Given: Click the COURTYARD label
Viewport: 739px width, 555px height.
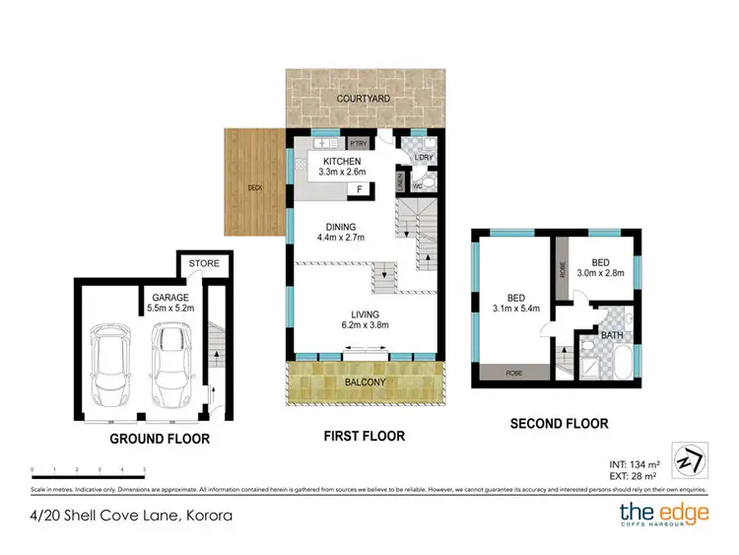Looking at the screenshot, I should click(364, 100).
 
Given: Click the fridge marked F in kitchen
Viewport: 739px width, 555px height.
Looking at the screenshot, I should click(360, 187).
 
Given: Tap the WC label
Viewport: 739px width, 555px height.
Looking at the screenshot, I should click(417, 183).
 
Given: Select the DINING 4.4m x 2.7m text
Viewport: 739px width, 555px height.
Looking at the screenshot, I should click(340, 231).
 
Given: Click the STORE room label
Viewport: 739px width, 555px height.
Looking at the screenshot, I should click(204, 264).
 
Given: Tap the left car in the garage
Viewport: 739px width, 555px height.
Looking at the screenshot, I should click(110, 364).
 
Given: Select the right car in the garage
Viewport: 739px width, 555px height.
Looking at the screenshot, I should click(168, 364).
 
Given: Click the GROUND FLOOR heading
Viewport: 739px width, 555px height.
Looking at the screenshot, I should click(160, 439).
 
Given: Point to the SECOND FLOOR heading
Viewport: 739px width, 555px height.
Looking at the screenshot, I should click(558, 424).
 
